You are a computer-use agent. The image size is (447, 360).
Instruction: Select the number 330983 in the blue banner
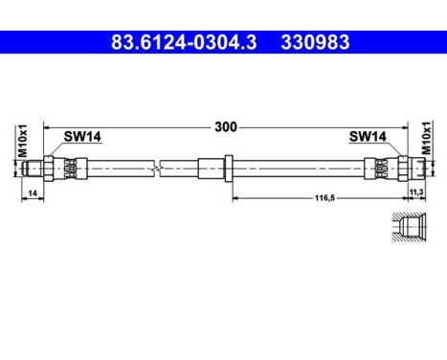[x=314, y=42]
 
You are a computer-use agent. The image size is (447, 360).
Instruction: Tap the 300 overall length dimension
[x=225, y=126]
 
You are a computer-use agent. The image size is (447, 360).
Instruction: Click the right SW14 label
[x=368, y=138]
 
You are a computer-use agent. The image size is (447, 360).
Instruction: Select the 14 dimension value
[x=33, y=194]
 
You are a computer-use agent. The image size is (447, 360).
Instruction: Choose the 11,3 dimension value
[x=416, y=194]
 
